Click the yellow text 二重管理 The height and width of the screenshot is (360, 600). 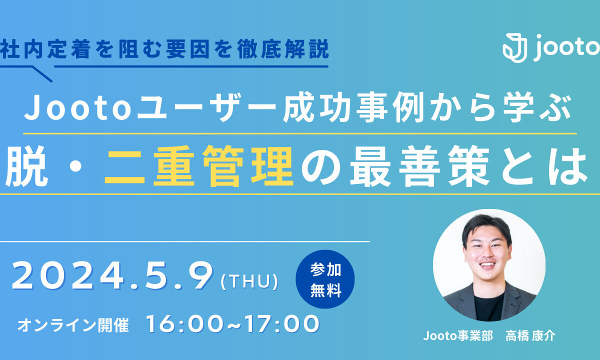(x=199, y=166)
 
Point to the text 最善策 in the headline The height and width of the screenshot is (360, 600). (x=419, y=166)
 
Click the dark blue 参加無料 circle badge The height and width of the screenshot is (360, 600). (x=325, y=279)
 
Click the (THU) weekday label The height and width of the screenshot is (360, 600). (x=249, y=281)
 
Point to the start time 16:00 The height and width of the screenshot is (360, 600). (x=184, y=324)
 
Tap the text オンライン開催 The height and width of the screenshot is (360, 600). (x=73, y=325)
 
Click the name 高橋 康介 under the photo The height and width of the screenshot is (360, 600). (x=530, y=336)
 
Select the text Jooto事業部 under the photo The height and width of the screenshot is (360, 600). (x=458, y=336)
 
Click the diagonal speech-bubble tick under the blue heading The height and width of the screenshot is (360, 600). (x=42, y=74)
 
